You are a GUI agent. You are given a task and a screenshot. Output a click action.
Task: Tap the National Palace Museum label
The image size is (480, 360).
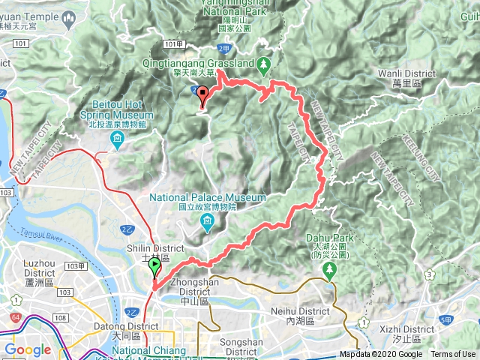(x=208, y=198)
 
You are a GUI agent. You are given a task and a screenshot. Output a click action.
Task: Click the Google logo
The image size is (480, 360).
(x=28, y=349)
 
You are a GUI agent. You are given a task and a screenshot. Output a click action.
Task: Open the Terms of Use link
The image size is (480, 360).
(x=453, y=355)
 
